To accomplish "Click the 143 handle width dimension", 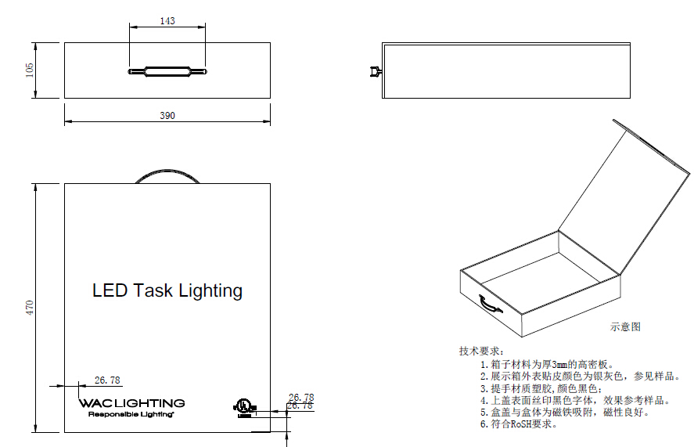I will [167, 21].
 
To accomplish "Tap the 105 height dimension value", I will [30, 70].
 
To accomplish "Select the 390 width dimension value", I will [167, 116].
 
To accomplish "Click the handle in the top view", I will [167, 72].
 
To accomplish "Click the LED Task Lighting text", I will [167, 291].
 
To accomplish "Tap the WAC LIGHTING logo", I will [131, 403].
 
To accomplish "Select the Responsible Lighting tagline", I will [130, 414].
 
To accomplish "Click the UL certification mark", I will [243, 406].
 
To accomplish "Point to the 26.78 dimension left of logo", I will [107, 380].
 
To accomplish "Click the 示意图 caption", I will [625, 327].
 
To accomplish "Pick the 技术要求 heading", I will [481, 351].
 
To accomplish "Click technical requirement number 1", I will [547, 364].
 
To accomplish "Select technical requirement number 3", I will [540, 388].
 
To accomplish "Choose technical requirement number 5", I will [564, 412].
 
